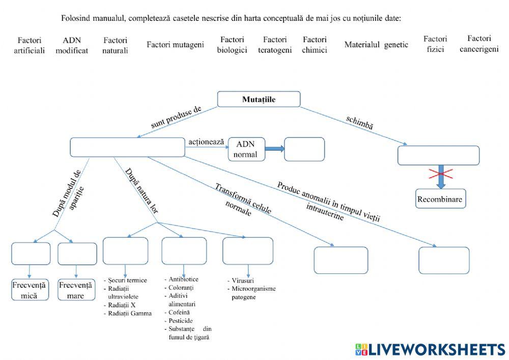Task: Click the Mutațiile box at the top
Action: [x=259, y=99]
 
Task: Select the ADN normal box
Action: [x=246, y=149]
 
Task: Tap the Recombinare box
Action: [x=440, y=199]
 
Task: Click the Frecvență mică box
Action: [x=29, y=289]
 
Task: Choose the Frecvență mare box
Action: [x=76, y=289]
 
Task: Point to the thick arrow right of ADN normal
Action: [x=274, y=149]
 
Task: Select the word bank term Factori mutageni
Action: [x=175, y=45]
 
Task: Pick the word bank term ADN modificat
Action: [x=72, y=45]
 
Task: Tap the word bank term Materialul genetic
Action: [x=376, y=45]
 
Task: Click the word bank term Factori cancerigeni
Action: [x=478, y=44]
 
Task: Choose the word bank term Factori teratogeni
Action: [x=275, y=45]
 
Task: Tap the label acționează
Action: [x=206, y=142]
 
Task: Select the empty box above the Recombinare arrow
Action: [x=438, y=155]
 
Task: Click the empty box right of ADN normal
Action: [x=304, y=149]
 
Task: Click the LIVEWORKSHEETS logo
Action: [x=430, y=349]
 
